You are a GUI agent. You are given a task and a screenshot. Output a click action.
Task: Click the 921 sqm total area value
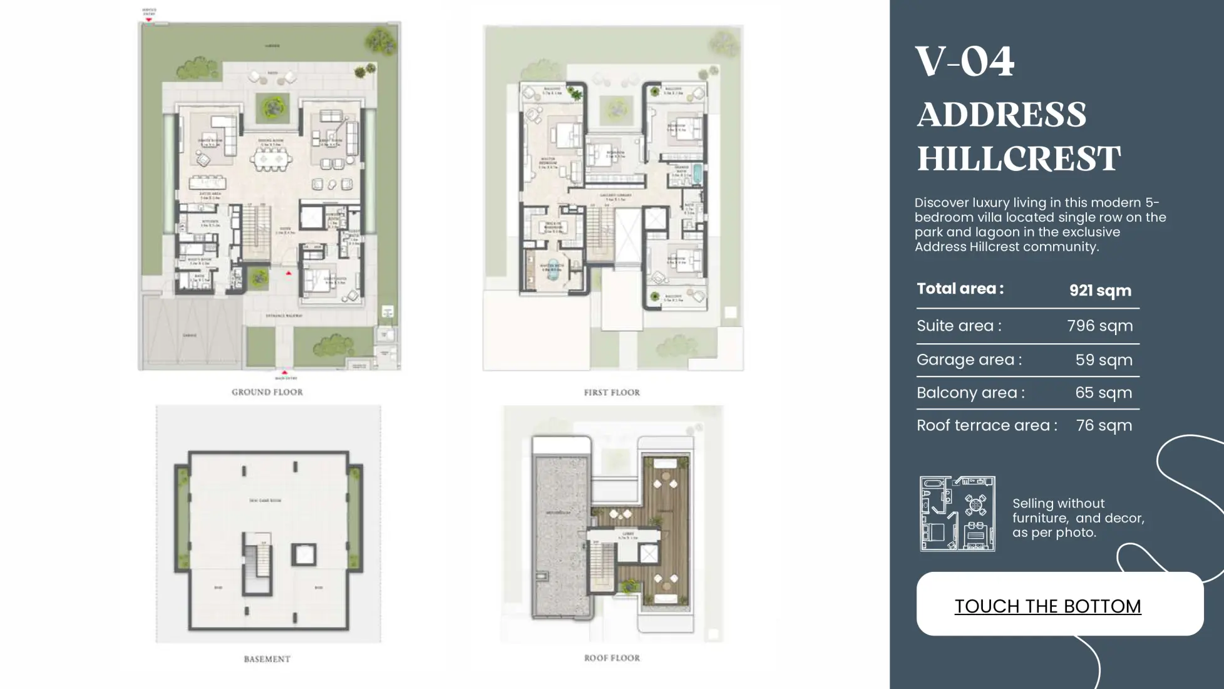[1100, 291]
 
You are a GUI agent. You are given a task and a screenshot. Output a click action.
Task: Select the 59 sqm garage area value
[1103, 360]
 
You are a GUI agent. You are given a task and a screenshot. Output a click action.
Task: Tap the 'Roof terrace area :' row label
[987, 425]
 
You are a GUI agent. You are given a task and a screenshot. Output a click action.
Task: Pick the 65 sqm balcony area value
[1103, 393]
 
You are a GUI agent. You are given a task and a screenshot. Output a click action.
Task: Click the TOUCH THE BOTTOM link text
[1047, 606]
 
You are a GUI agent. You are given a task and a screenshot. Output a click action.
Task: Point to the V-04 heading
[965, 62]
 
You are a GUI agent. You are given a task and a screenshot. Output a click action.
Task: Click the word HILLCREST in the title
[1019, 158]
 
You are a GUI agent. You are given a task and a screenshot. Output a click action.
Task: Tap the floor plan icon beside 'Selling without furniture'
[957, 514]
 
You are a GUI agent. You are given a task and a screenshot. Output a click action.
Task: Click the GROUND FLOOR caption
[267, 392]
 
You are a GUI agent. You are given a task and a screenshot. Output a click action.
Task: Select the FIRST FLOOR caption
[612, 393]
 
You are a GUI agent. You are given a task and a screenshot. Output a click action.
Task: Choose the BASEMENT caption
[267, 659]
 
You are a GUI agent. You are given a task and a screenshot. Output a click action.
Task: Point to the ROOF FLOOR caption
[612, 658]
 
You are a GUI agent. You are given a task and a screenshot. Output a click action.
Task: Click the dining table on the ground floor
[271, 160]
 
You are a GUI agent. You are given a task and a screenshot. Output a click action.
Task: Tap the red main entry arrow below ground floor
[284, 373]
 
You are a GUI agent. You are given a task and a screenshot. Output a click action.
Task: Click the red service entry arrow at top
[149, 19]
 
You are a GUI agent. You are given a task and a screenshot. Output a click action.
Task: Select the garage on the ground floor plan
[190, 335]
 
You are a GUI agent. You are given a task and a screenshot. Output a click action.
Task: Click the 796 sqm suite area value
[1099, 326]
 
